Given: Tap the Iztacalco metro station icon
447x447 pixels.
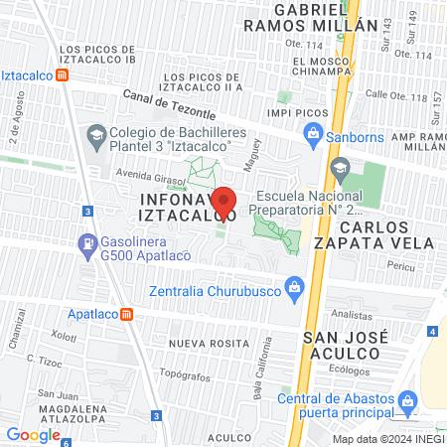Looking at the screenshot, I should pos(63,74).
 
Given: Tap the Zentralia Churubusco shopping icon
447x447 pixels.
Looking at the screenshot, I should pos(294,290).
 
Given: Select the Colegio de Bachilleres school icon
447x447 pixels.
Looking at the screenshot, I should pos(95,134).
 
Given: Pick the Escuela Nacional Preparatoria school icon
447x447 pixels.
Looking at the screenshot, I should pos(341,167).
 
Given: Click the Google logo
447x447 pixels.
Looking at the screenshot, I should pos(33,434).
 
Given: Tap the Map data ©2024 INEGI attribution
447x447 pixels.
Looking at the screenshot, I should pos(387,439).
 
